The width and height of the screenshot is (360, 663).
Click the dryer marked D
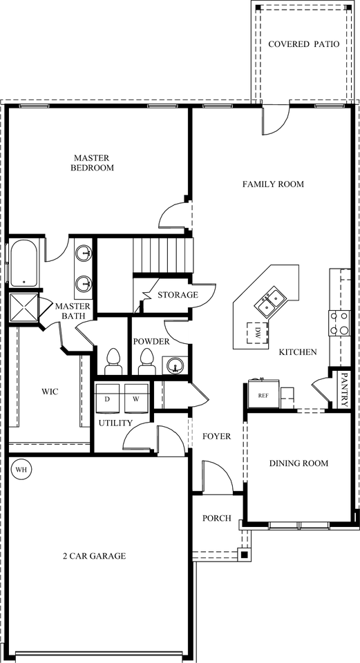[x=108, y=398]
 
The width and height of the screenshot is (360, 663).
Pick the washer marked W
[x=136, y=398]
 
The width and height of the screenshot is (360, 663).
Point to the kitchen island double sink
[x=269, y=302]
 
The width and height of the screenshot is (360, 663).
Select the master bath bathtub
[x=23, y=262]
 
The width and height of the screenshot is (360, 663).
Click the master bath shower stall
[x=23, y=308]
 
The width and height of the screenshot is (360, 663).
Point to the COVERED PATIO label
[x=304, y=44]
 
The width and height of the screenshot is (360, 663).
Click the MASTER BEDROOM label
[x=92, y=163]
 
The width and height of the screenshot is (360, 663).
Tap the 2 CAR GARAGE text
[x=94, y=555]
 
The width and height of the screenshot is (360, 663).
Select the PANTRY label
[x=344, y=390]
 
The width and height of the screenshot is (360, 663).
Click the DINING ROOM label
[x=299, y=463]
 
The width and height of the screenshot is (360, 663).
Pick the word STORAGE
[x=178, y=295]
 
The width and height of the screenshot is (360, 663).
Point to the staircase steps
[x=163, y=256]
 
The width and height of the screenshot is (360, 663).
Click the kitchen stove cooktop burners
[x=339, y=323]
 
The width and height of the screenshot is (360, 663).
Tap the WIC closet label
[x=50, y=392]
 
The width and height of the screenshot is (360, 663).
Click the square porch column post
[x=245, y=553]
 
